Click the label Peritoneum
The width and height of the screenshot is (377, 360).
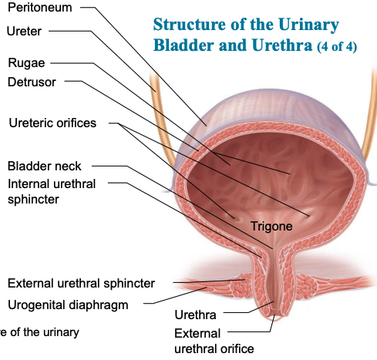click(40, 8)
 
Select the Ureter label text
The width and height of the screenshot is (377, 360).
click(24, 32)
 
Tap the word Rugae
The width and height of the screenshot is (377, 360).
click(26, 63)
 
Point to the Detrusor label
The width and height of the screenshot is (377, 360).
click(32, 82)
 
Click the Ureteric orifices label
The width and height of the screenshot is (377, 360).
click(52, 123)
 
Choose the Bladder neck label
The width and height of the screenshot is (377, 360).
click(44, 166)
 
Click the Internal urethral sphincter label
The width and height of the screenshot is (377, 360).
click(52, 192)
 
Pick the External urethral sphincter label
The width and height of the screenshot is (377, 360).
click(81, 284)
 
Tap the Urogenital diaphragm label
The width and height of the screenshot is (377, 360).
click(68, 305)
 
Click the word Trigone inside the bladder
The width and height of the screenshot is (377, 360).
click(271, 227)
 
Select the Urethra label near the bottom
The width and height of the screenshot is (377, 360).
click(195, 315)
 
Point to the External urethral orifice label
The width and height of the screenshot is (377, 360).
click(214, 341)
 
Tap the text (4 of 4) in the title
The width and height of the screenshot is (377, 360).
click(337, 47)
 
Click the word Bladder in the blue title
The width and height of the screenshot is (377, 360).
click(183, 45)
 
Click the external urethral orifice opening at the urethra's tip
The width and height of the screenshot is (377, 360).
click(274, 317)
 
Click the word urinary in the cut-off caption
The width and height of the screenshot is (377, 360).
click(61, 332)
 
